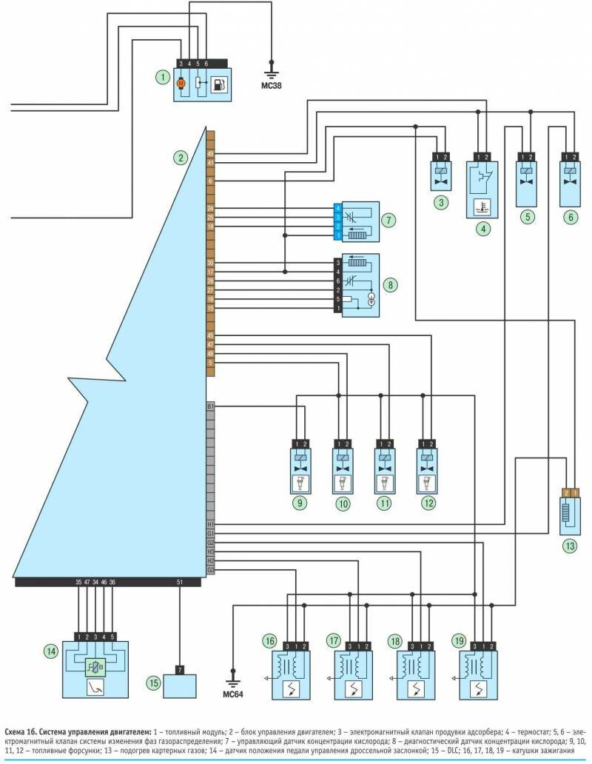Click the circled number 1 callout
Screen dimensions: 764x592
[x=160, y=77]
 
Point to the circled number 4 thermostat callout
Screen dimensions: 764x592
[x=482, y=229]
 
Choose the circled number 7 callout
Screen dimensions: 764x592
[x=388, y=220]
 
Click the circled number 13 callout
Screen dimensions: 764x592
[x=569, y=546]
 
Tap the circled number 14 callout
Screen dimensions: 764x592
[x=50, y=651]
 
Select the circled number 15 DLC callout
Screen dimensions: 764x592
[x=153, y=683]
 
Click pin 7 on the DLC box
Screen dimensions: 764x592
[x=180, y=670]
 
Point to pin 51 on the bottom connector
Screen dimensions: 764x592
[x=180, y=583]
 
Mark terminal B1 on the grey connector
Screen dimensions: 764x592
[x=210, y=406]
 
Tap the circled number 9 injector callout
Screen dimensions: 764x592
[x=300, y=503]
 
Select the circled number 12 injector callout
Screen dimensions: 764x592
[x=427, y=503]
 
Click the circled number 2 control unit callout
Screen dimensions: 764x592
[x=180, y=157]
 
